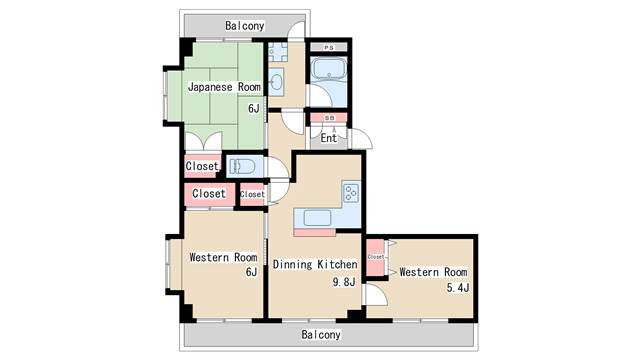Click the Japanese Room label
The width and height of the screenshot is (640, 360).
coord(224,87)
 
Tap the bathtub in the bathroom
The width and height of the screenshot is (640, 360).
coord(329,69)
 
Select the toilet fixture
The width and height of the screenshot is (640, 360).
coord(242,166)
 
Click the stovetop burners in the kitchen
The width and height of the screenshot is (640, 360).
coord(351,193)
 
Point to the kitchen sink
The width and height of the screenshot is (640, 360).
coord(317,218)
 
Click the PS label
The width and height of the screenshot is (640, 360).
coord(329,48)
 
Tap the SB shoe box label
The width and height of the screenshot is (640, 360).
coord(329,118)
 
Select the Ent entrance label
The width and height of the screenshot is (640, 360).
coord(329,138)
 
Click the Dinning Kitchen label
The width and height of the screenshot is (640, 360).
coord(315,264)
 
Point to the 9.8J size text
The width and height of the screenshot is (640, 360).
coord(344,282)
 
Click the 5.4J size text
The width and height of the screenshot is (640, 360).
coord(458,287)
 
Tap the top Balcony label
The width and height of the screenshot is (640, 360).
coord(244,26)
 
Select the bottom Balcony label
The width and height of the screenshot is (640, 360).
coord(321,335)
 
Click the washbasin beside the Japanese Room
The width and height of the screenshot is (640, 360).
coord(277,82)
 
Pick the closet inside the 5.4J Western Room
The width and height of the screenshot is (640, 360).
coord(376,257)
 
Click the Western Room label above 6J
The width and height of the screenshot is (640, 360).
coord(223,257)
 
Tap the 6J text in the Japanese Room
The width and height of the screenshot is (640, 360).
coord(253,108)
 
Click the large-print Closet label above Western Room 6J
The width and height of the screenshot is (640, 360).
coord(209,193)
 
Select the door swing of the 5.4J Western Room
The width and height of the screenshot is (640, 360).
coord(375,295)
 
